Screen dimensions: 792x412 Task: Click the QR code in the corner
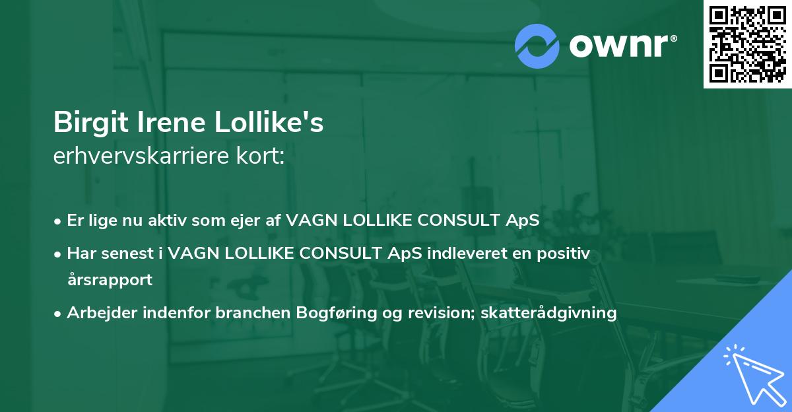coord(747,44)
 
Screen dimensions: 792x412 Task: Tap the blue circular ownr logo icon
coord(537,46)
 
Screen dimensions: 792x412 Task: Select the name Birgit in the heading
coord(90,123)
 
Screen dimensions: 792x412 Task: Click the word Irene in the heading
coord(171,122)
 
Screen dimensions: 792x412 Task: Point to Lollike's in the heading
coord(269,122)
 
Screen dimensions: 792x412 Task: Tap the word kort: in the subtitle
coord(260,156)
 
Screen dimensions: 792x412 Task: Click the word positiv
coord(563,254)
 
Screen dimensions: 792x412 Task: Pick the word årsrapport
coord(110,280)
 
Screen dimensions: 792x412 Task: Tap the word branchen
coord(253,312)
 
